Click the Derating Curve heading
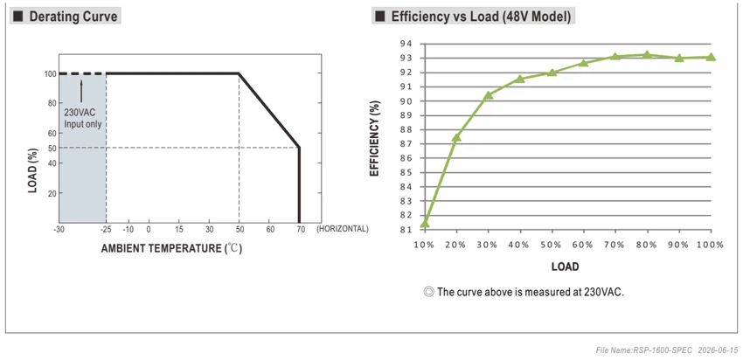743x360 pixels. [x=73, y=17]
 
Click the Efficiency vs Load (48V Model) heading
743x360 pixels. [x=481, y=17]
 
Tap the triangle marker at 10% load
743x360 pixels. [x=425, y=223]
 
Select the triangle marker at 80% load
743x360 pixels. [x=647, y=55]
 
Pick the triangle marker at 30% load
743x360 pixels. [x=488, y=95]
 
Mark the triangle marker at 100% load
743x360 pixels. [x=711, y=57]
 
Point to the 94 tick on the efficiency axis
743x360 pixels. [x=407, y=44]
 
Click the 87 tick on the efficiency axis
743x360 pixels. [x=407, y=144]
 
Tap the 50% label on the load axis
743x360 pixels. [x=550, y=245]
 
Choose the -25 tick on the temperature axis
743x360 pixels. [x=105, y=229]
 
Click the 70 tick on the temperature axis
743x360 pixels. [x=301, y=229]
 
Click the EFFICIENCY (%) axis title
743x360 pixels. [x=374, y=138]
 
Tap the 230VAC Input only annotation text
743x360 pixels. [x=83, y=120]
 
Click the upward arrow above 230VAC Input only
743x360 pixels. [x=81, y=92]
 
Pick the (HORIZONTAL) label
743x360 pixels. [x=342, y=229]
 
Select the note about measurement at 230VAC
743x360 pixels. [x=524, y=292]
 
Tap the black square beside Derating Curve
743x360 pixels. [x=18, y=17]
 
